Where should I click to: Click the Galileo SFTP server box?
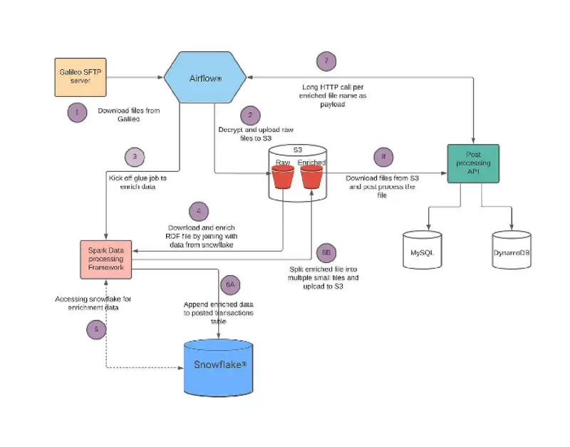tap(81, 76)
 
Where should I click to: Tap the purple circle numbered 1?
tap(77, 111)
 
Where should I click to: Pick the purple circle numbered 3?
tap(135, 157)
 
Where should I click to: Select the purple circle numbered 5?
tap(96, 329)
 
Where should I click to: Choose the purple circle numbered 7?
tap(326, 61)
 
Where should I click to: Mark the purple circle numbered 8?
tap(383, 158)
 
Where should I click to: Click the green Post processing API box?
tap(473, 163)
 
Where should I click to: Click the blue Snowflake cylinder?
tap(219, 365)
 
